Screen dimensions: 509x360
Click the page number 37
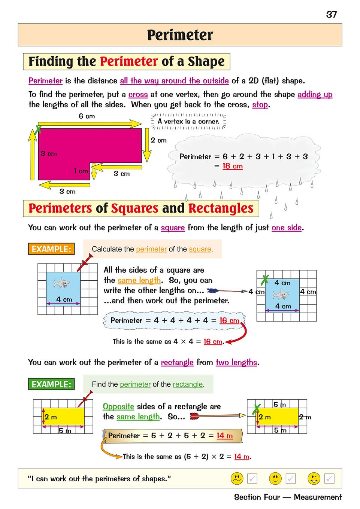332,15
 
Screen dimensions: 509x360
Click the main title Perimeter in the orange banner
180,35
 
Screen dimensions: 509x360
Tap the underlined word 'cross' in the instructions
138,95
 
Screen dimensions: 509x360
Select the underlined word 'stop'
260,104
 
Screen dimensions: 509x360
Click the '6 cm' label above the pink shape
87,116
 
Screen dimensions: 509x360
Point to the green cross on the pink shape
38,130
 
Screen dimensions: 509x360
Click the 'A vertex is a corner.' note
188,122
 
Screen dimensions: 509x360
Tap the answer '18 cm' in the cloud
232,166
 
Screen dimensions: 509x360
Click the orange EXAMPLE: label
51,249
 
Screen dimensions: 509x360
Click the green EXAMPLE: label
51,384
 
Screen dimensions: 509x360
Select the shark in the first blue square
62,283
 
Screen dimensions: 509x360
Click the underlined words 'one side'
287,228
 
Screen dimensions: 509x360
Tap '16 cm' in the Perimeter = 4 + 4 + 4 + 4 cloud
229,320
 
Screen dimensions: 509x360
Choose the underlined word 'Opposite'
118,406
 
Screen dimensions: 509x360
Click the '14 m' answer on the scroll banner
224,436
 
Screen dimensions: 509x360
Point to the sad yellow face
237,478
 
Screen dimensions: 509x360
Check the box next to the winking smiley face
329,478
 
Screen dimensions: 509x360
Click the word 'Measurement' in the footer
318,497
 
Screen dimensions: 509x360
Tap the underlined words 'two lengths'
236,362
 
